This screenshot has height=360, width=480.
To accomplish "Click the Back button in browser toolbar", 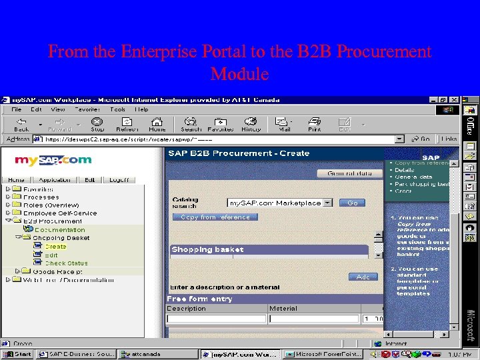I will click(21, 124).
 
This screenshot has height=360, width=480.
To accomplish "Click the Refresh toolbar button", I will click(127, 124).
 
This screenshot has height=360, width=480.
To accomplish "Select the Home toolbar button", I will click(157, 124).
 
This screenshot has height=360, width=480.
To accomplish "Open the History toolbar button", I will click(251, 124).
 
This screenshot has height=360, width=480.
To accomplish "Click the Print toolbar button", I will click(314, 124).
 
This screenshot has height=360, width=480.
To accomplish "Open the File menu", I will click(17, 109).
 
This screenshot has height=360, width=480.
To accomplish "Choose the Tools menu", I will click(118, 109).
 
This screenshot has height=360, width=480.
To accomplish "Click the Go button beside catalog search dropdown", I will click(352, 203).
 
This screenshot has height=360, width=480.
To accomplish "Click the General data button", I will click(350, 173).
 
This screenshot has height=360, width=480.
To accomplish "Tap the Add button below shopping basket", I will click(363, 277).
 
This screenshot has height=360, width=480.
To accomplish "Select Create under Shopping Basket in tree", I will click(55, 247).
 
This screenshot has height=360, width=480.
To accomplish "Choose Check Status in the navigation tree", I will click(66, 263).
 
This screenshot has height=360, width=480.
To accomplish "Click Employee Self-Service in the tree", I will click(60, 213).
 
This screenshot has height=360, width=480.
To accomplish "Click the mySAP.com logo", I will click(53, 160).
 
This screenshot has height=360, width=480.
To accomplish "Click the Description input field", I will click(215, 319).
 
